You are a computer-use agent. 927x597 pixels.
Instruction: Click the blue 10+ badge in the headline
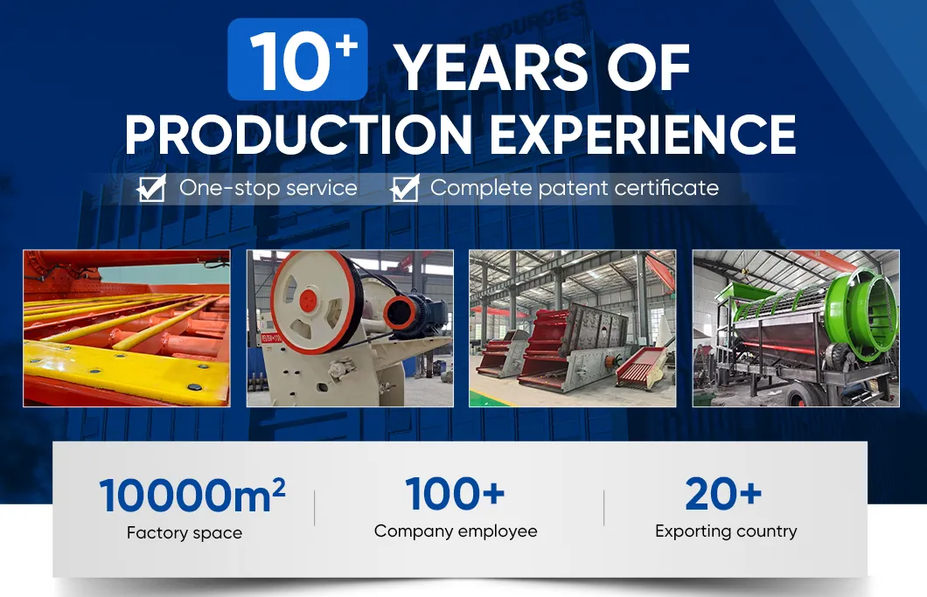point(297,59)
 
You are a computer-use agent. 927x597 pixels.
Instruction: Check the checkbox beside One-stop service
point(152,188)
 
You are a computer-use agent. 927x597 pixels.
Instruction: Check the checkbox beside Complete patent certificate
point(405,188)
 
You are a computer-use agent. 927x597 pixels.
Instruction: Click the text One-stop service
point(268,188)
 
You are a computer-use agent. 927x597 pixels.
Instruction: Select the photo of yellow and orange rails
point(127,329)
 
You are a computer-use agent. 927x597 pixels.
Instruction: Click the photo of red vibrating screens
point(572,329)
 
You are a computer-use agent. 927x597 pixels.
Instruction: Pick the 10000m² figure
point(192,496)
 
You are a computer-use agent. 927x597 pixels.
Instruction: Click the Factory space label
point(185,533)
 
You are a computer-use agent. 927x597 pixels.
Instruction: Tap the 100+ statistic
point(456,494)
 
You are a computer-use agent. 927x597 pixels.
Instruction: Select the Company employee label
point(456,531)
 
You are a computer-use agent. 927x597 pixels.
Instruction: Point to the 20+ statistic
point(723,494)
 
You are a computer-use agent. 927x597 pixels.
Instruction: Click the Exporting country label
point(726,531)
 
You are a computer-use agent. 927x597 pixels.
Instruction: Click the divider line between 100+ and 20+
point(603,508)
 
